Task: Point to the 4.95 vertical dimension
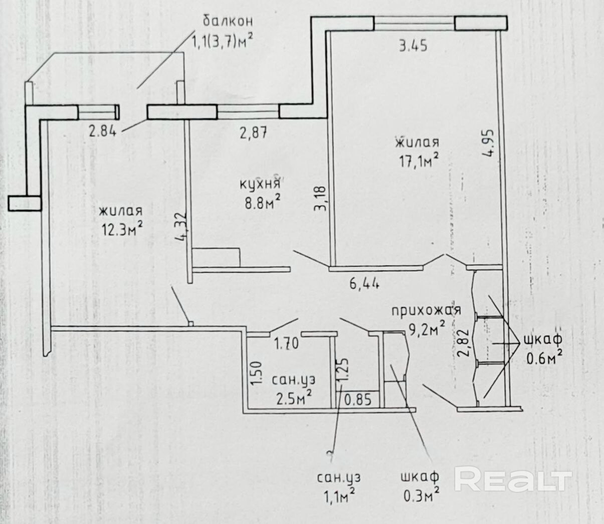click(x=489, y=144)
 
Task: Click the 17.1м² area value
click(x=417, y=161)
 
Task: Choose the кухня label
click(x=259, y=184)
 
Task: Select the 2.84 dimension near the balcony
click(x=103, y=132)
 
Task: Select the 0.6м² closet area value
click(x=543, y=359)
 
